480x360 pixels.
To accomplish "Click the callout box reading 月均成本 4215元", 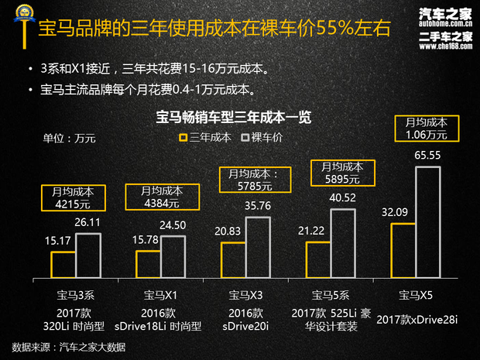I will [x=73, y=197].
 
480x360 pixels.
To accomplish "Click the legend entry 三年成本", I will [x=204, y=138].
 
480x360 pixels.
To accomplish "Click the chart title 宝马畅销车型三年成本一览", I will [x=234, y=118].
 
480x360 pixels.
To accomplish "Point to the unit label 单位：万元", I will [x=69, y=139].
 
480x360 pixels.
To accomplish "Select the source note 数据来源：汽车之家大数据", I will [x=69, y=346].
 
